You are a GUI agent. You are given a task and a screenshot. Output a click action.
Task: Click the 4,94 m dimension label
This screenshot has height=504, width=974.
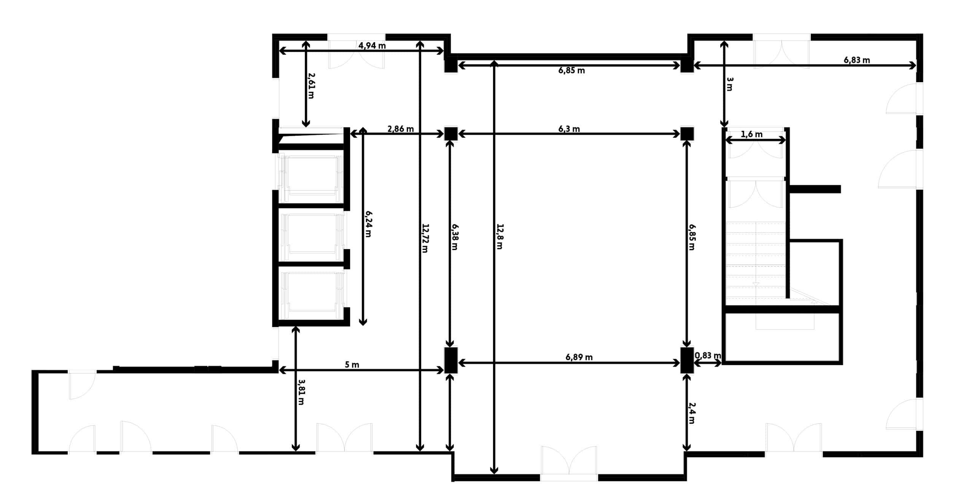[372, 46]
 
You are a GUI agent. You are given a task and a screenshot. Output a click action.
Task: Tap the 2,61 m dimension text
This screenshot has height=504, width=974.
[311, 86]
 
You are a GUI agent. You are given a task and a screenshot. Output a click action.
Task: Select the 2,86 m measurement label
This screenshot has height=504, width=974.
[400, 129]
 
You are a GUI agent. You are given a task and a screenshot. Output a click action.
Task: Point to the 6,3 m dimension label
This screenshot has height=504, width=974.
[569, 129]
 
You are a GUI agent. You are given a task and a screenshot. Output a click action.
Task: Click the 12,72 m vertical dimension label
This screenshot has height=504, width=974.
[425, 238]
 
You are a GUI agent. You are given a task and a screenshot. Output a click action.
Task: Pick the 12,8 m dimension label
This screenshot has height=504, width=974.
[500, 237]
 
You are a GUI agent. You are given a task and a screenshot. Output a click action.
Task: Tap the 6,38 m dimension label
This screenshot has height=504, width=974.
[455, 237]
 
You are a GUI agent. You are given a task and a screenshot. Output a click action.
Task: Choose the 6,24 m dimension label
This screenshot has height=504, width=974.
[368, 224]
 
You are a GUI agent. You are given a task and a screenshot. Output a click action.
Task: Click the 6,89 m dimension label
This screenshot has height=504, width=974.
[579, 357]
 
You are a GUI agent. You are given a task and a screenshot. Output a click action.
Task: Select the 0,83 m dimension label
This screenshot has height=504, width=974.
[708, 355]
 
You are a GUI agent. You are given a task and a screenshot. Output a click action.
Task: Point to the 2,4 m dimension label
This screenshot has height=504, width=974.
[691, 413]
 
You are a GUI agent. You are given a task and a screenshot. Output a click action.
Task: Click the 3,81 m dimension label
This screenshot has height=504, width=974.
[301, 392]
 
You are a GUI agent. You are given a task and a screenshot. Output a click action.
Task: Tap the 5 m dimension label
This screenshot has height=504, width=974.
[352, 365]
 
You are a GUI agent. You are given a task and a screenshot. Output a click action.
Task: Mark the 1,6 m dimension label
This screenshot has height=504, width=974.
[751, 134]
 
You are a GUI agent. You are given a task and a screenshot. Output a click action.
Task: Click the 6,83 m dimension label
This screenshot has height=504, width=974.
[857, 60]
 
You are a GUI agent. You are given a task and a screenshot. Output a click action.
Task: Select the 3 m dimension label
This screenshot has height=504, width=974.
[729, 84]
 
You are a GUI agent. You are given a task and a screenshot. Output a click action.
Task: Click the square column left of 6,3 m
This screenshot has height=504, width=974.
[451, 134]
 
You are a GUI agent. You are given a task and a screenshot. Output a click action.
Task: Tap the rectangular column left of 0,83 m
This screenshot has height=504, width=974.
[687, 360]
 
